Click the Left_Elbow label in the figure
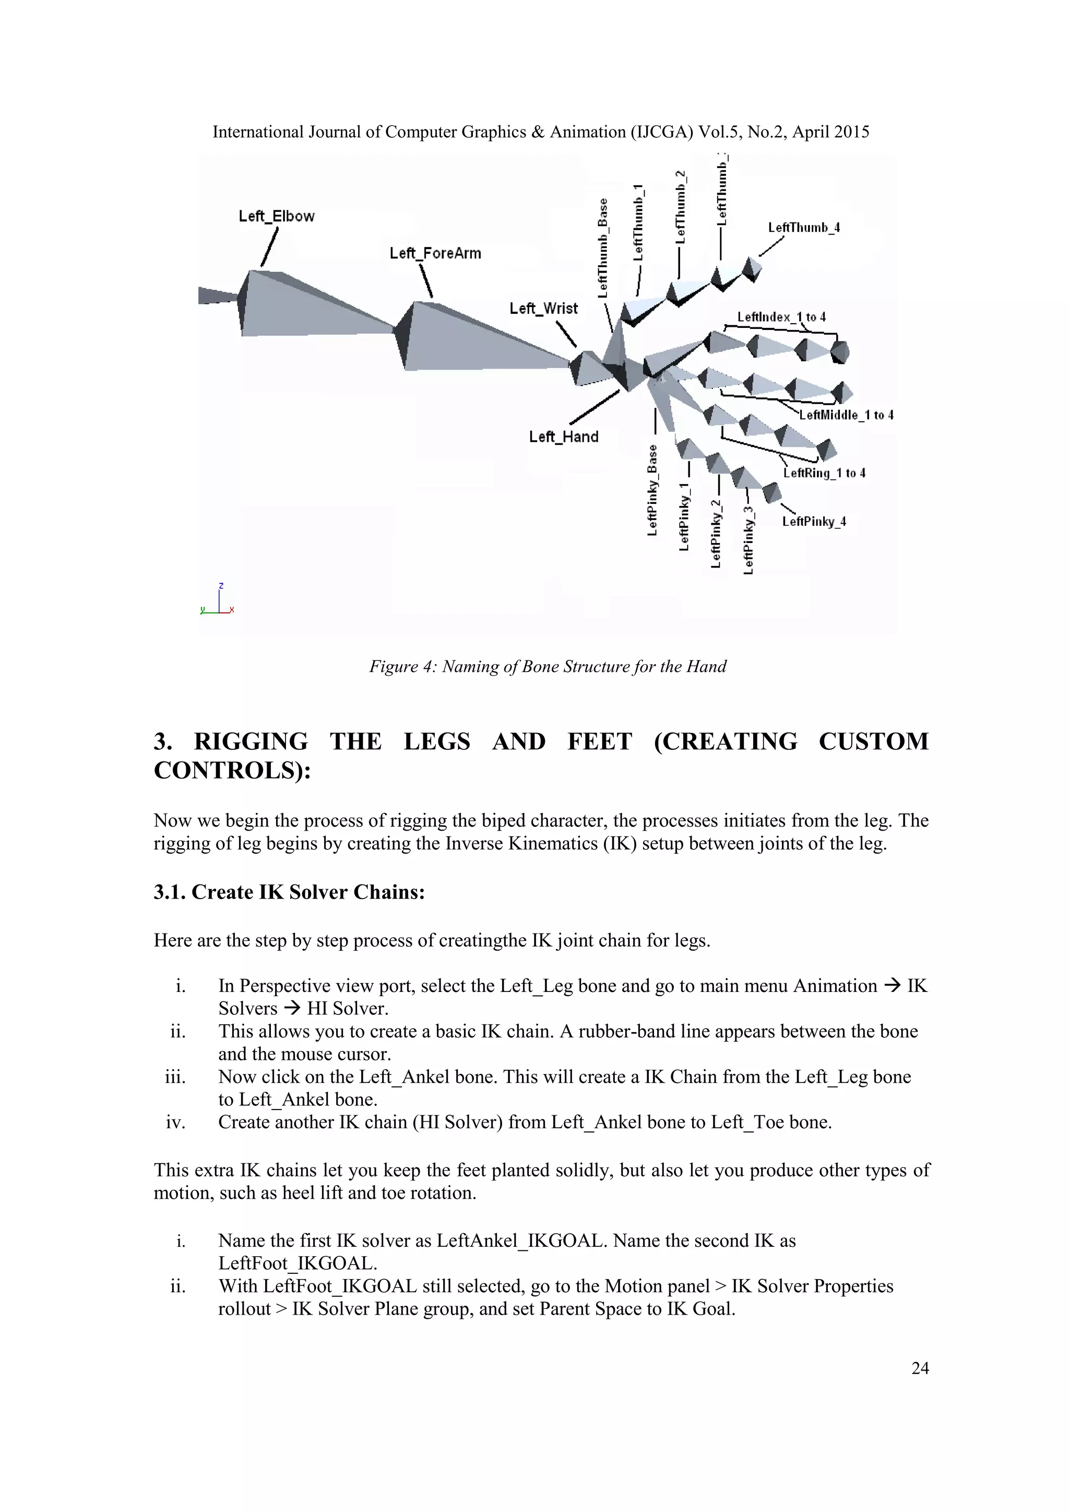pyautogui.click(x=277, y=216)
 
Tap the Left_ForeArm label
pyautogui.click(x=435, y=253)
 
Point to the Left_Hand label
pyautogui.click(x=563, y=436)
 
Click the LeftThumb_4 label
pyautogui.click(x=804, y=228)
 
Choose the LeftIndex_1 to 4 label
pyautogui.click(x=781, y=317)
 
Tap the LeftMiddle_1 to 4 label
pyautogui.click(x=846, y=415)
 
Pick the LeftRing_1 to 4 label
pyautogui.click(x=824, y=473)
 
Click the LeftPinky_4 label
pyautogui.click(x=814, y=522)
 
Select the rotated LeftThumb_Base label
pyautogui.click(x=603, y=249)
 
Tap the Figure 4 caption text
pyautogui.click(x=547, y=666)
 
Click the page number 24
pyautogui.click(x=920, y=1368)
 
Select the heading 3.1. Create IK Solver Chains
pyautogui.click(x=289, y=892)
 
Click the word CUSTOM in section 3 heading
pyautogui.click(x=873, y=741)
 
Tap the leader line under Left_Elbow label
pyautogui.click(x=269, y=247)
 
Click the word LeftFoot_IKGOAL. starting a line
pyautogui.click(x=298, y=1263)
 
